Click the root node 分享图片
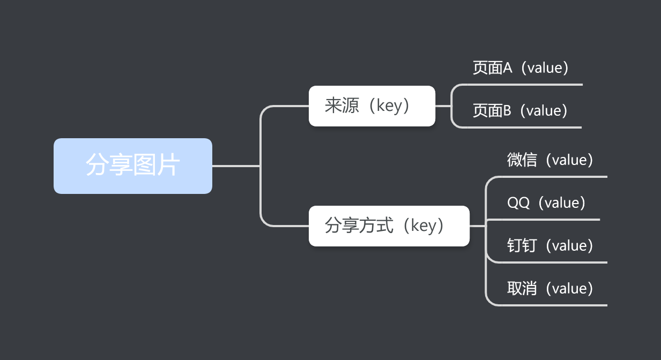(x=132, y=166)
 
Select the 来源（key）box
(x=372, y=106)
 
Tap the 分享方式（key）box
(x=389, y=226)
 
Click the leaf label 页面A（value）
(x=520, y=68)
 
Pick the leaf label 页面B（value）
(x=520, y=111)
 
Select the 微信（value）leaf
(x=550, y=160)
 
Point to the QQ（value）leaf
(x=546, y=202)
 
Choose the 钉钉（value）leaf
(x=550, y=245)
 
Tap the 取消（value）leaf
(x=550, y=288)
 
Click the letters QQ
(x=518, y=202)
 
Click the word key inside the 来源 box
(x=389, y=106)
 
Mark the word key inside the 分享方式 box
(x=424, y=226)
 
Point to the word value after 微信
(x=568, y=160)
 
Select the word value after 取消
(x=568, y=289)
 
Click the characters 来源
(x=341, y=106)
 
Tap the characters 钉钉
(x=522, y=245)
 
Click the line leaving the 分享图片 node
(x=236, y=166)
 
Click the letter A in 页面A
(x=508, y=68)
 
